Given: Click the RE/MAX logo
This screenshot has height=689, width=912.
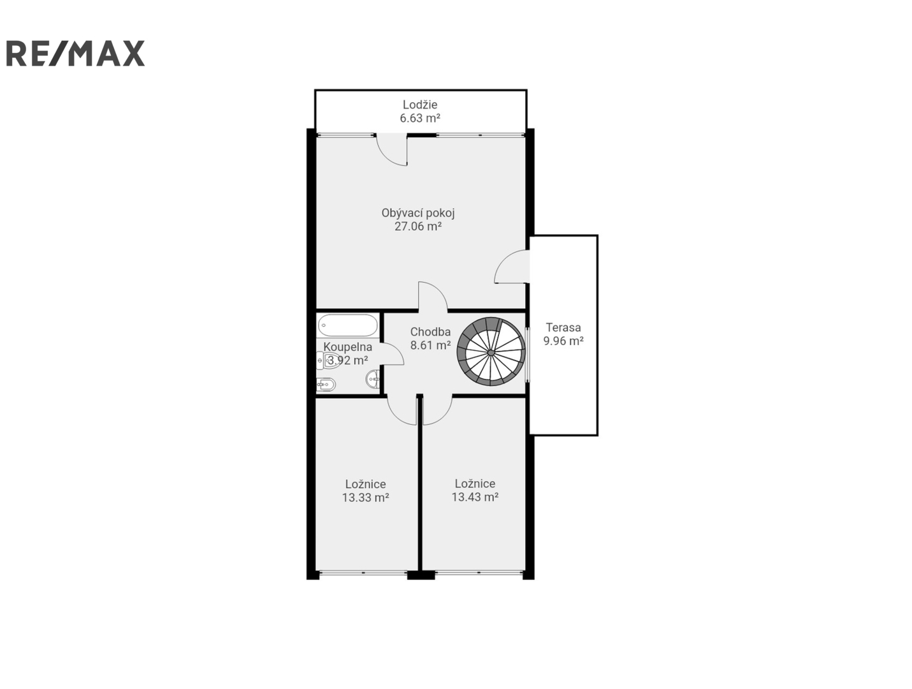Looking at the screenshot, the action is (x=75, y=53).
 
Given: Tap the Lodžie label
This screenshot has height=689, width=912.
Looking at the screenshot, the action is (x=420, y=105).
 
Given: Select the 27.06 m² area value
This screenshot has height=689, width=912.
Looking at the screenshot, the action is (x=418, y=226).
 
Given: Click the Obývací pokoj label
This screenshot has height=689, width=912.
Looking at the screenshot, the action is (x=418, y=213).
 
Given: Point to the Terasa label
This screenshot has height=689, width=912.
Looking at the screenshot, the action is (x=563, y=327).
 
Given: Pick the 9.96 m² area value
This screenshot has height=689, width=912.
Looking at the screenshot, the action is (x=563, y=341).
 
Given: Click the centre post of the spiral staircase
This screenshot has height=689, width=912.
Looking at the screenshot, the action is (x=491, y=353).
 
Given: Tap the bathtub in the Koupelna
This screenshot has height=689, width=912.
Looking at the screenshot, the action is (x=347, y=325).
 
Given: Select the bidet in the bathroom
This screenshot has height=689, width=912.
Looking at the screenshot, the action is (x=326, y=385).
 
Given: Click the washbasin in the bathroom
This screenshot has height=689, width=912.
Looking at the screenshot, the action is (x=373, y=379).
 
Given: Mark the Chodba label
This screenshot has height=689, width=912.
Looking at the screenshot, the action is (x=430, y=332).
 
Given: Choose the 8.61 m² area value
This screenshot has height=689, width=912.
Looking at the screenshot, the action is (x=430, y=345).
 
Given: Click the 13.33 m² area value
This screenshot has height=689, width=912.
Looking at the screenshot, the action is (x=366, y=498).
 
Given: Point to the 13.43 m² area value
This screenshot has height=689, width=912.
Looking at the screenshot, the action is (x=475, y=497).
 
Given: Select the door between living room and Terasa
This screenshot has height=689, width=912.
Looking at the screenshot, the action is (x=512, y=267).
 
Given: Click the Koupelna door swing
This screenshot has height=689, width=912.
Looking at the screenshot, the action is (x=393, y=354).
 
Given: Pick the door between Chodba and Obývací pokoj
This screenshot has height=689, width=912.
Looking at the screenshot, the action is (x=433, y=296).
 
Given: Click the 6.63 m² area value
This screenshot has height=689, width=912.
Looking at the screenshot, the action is (x=420, y=118).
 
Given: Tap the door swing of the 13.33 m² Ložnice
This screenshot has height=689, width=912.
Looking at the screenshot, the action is (x=402, y=410).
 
